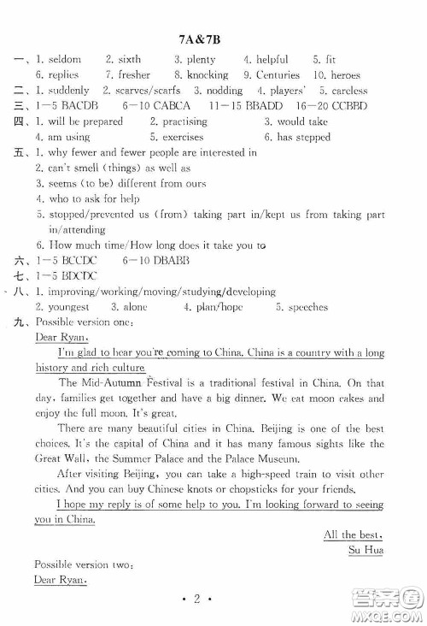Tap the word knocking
[208, 75]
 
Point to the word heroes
[345, 75]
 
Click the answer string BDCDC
[79, 275]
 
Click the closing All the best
[354, 534]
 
